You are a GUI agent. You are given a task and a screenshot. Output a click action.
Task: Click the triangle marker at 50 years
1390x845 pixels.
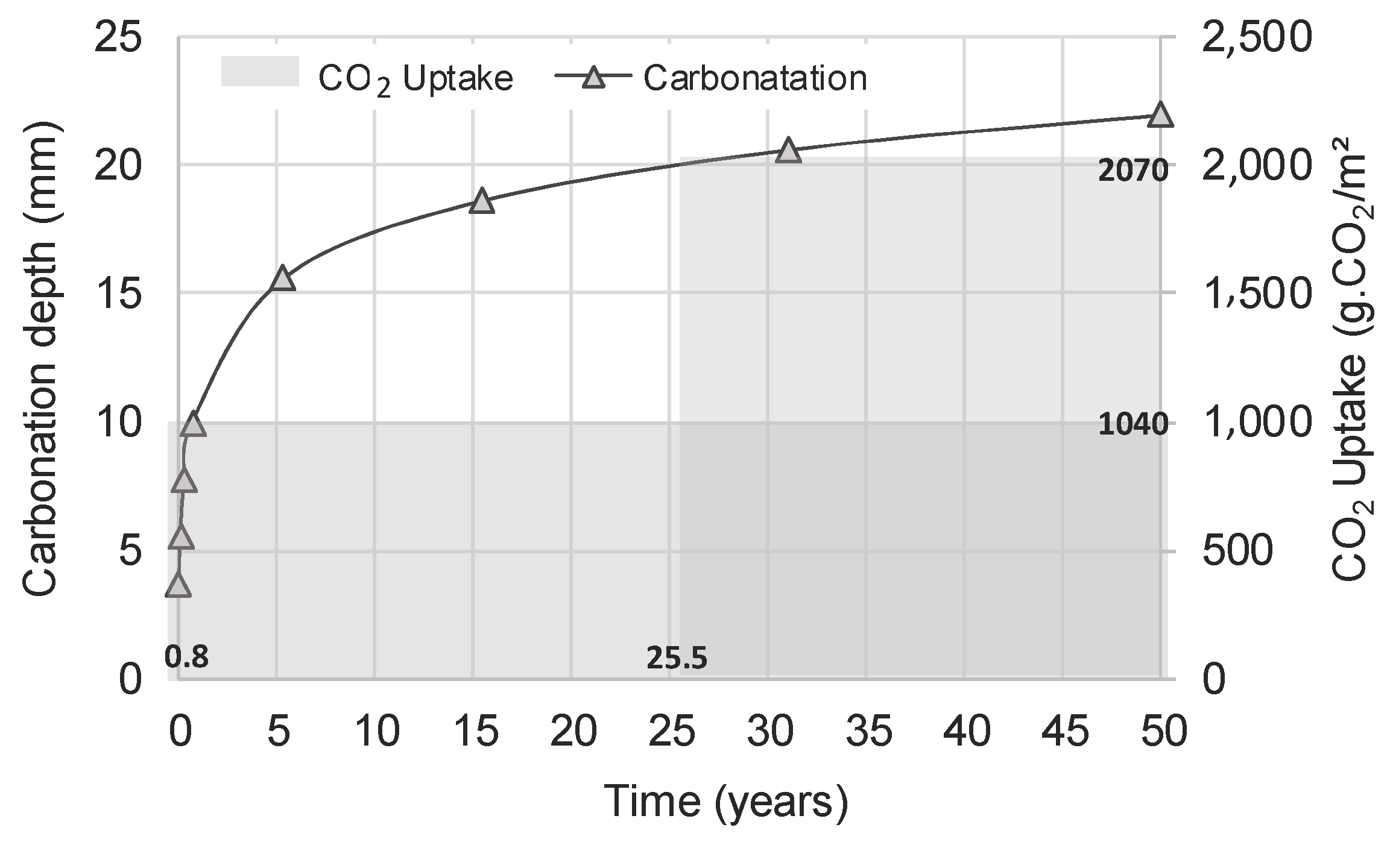(x=1160, y=115)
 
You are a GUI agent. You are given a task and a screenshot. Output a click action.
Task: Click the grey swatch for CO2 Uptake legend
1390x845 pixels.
(x=260, y=72)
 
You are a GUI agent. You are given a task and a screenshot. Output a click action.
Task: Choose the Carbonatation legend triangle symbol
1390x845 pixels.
(x=594, y=78)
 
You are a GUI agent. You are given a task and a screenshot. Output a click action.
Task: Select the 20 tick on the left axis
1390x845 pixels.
(x=119, y=165)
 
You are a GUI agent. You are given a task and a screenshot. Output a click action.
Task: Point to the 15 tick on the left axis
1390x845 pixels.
(x=119, y=294)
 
